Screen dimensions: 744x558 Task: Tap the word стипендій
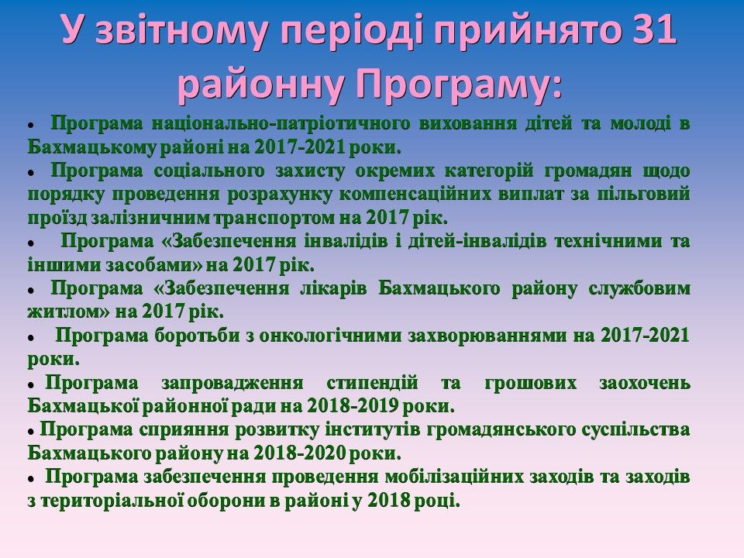(x=372, y=383)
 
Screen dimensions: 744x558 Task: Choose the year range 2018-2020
(x=299, y=453)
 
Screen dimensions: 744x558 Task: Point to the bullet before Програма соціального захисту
(x=31, y=173)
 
